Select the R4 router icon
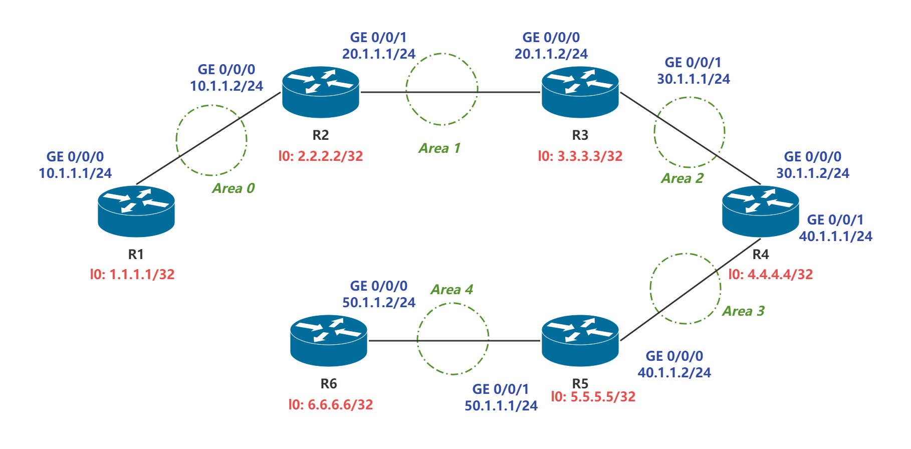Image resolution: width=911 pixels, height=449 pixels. click(x=760, y=210)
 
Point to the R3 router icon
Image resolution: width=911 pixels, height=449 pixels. click(x=580, y=92)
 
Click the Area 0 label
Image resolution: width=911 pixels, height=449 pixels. click(x=233, y=188)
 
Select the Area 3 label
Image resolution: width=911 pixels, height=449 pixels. click(x=743, y=311)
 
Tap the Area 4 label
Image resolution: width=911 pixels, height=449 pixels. click(x=451, y=290)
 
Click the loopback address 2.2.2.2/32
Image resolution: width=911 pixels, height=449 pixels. click(x=330, y=156)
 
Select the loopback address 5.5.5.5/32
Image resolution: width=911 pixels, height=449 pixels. click(x=602, y=397)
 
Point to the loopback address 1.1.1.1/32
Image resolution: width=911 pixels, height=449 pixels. click(x=141, y=275)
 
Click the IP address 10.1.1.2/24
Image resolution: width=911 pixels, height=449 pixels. click(x=226, y=86)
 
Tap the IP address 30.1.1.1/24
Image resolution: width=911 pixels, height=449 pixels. click(x=694, y=79)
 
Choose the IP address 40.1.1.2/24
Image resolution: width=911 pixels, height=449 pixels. click(x=674, y=373)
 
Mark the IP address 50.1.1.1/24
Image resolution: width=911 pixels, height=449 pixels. click(x=501, y=406)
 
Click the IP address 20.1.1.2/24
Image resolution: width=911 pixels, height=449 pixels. click(x=551, y=54)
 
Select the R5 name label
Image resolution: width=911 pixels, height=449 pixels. click(x=580, y=383)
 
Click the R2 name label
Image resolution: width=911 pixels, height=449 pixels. click(x=321, y=135)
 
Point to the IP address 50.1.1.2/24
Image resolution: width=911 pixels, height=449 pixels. click(x=379, y=303)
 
